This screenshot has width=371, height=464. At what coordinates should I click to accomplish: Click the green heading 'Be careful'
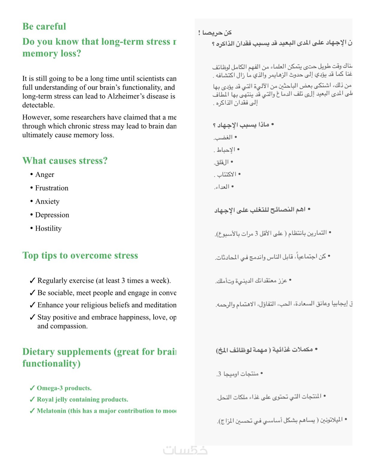tap(44, 26)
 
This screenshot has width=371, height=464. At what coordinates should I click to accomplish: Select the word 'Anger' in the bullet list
tap(45, 175)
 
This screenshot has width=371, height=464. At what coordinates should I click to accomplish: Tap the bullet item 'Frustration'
tap(52, 188)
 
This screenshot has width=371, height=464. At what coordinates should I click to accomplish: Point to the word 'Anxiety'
tap(47, 202)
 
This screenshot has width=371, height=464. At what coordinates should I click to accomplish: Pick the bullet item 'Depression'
tap(52, 215)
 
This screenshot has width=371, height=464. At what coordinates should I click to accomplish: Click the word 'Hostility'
tap(48, 228)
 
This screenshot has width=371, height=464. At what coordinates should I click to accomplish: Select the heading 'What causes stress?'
tap(65, 161)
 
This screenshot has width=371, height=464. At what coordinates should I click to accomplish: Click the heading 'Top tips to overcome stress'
tap(80, 255)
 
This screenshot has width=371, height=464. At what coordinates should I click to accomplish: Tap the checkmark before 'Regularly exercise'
tap(33, 281)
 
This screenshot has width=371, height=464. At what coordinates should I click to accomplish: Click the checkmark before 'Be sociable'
tap(33, 293)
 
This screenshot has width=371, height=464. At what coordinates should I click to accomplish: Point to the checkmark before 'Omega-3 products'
tap(32, 388)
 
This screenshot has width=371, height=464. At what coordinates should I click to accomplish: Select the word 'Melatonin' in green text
tap(51, 411)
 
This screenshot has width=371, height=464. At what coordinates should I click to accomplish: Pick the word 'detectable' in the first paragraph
tap(38, 105)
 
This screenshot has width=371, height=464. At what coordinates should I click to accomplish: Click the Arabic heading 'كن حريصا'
tap(217, 33)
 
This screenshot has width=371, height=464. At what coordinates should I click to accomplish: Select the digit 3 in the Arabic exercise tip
tap(256, 234)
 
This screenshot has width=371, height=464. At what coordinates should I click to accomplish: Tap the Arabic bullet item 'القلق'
tap(222, 162)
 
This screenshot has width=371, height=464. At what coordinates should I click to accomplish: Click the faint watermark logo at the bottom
tap(185, 450)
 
